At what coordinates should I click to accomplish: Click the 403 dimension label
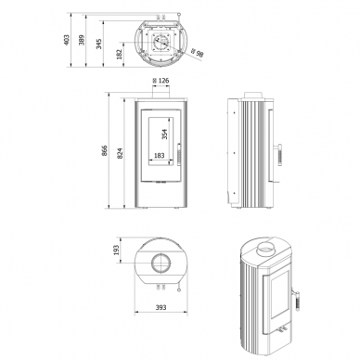[67, 40]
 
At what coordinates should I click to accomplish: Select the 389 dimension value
[82, 40]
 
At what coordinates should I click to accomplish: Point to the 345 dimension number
[98, 44]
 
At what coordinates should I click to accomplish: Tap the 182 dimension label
[120, 54]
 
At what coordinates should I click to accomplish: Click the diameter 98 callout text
[198, 53]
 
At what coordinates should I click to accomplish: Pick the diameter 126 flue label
[161, 81]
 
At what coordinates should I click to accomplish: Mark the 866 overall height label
[105, 150]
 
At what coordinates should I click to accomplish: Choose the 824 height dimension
[120, 153]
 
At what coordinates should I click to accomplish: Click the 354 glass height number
[164, 134]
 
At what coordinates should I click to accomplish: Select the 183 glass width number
[159, 156]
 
